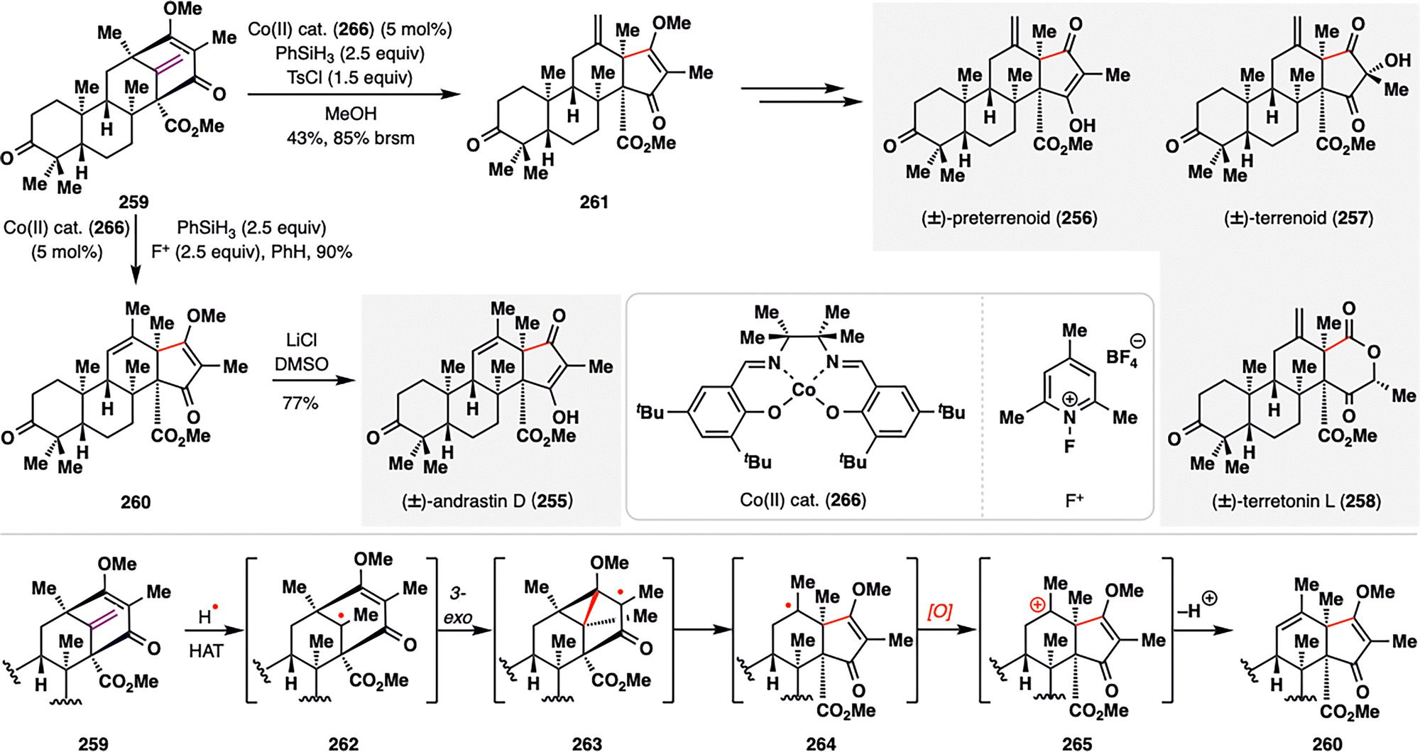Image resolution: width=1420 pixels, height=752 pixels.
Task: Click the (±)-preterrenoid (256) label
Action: (1009, 218)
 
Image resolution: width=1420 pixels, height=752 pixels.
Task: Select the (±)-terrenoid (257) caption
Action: (1298, 218)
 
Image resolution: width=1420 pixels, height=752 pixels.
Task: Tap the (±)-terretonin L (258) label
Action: (1296, 501)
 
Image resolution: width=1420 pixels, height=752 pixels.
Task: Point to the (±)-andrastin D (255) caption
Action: (487, 501)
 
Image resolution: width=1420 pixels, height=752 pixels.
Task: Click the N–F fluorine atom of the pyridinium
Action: (1069, 447)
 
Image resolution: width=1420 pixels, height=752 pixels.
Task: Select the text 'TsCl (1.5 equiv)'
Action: (349, 77)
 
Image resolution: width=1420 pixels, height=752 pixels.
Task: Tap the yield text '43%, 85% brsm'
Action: (350, 138)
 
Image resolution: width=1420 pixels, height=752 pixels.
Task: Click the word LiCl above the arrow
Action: (302, 340)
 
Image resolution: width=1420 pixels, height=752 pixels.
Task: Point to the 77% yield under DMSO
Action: (300, 403)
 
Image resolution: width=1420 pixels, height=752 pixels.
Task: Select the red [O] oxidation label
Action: (939, 611)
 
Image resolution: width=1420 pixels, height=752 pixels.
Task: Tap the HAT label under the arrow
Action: (206, 650)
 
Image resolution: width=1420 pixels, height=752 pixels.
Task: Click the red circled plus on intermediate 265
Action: (1037, 605)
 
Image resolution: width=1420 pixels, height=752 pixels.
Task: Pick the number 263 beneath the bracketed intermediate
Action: (586, 743)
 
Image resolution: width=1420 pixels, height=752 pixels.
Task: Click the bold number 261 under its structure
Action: (594, 202)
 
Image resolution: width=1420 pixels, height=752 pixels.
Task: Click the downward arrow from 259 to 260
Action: (136, 249)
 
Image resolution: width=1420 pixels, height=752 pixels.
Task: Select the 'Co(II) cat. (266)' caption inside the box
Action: (802, 501)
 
